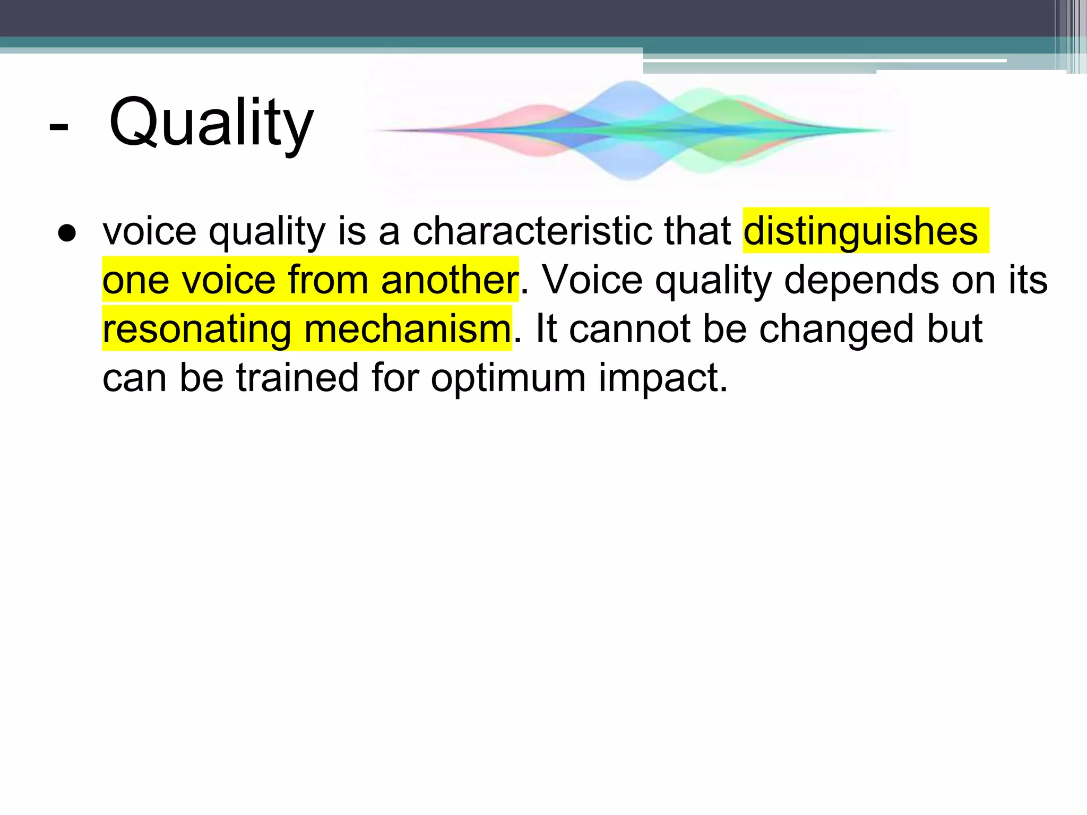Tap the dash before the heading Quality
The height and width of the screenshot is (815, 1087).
click(x=58, y=127)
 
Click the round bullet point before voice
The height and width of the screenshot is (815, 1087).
click(x=67, y=233)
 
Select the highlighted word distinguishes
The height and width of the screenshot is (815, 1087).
click(x=860, y=231)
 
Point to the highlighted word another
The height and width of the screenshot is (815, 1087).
click(x=449, y=280)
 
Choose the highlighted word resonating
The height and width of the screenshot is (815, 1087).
click(x=196, y=329)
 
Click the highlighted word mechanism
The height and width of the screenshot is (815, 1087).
click(x=408, y=329)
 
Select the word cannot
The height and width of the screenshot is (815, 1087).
click(x=629, y=329)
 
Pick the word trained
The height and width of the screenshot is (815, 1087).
click(x=297, y=378)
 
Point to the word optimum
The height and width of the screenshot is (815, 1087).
click(x=508, y=378)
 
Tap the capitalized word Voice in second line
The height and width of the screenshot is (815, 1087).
click(x=592, y=280)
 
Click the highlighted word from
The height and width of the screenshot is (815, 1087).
click(x=327, y=280)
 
